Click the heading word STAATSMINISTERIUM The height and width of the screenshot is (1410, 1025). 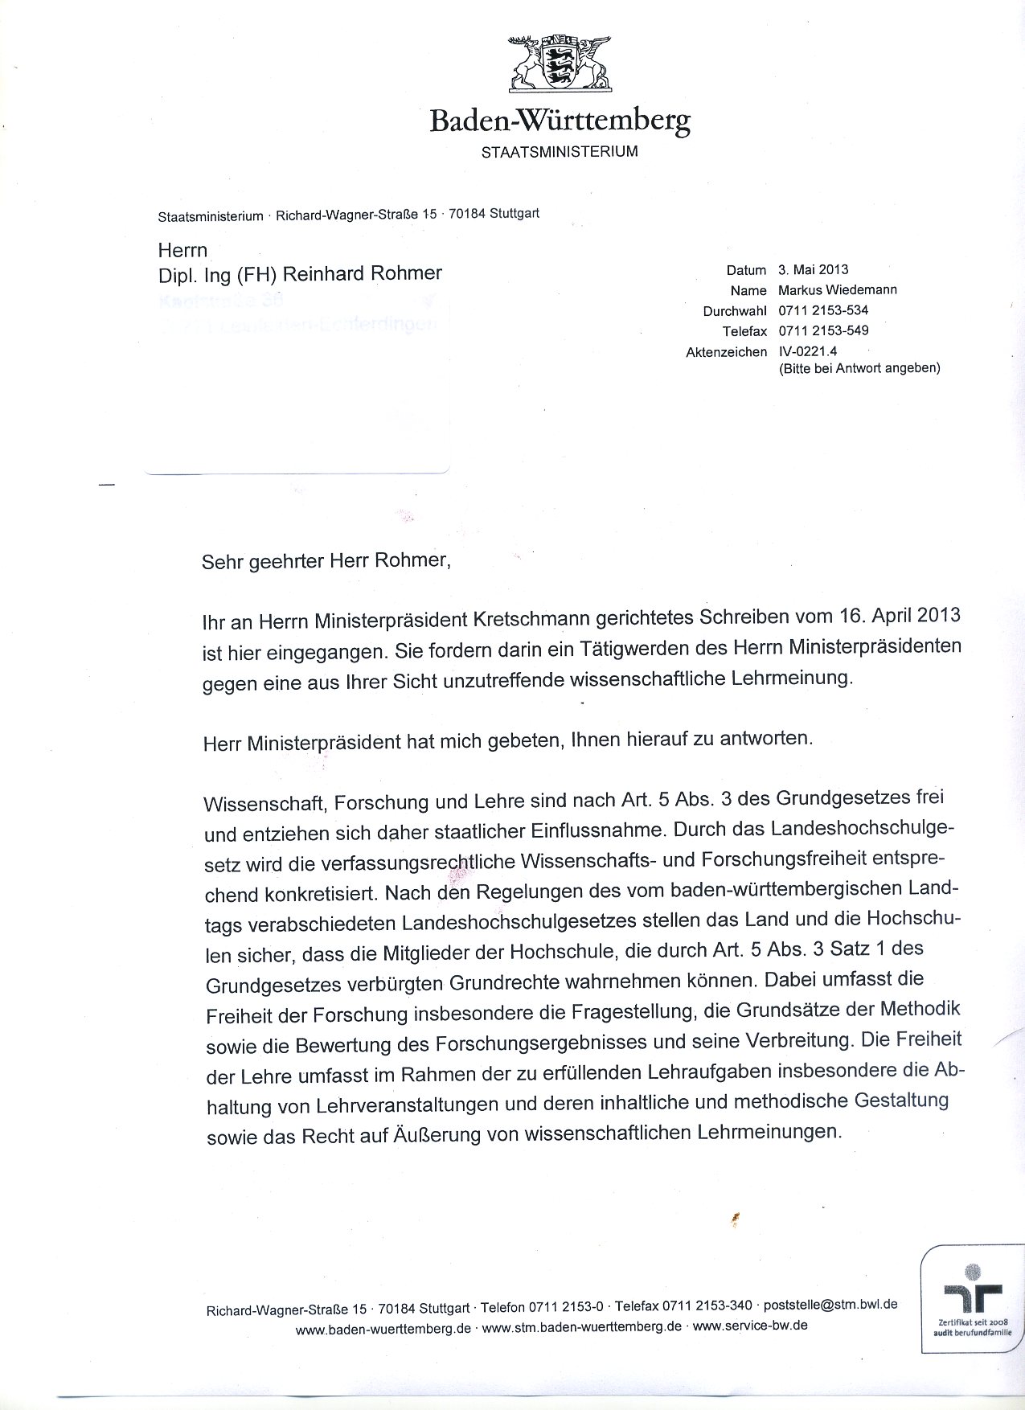point(559,151)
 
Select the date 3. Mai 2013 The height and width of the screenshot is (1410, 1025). point(813,269)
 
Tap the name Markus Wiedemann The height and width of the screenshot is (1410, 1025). point(837,289)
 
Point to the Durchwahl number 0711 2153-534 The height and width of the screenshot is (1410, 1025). point(822,310)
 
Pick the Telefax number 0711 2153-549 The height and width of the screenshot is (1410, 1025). point(822,330)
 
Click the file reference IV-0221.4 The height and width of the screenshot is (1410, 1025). point(808,350)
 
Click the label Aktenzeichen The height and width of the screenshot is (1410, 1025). point(726,352)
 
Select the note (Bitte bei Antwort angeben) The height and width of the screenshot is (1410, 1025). point(859,368)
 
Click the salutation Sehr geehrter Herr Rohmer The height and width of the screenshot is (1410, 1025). point(326,560)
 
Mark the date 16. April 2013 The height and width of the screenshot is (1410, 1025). point(888,615)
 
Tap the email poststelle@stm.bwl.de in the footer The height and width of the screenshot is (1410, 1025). point(830,1305)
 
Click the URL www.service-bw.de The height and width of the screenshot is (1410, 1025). point(749,1326)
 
